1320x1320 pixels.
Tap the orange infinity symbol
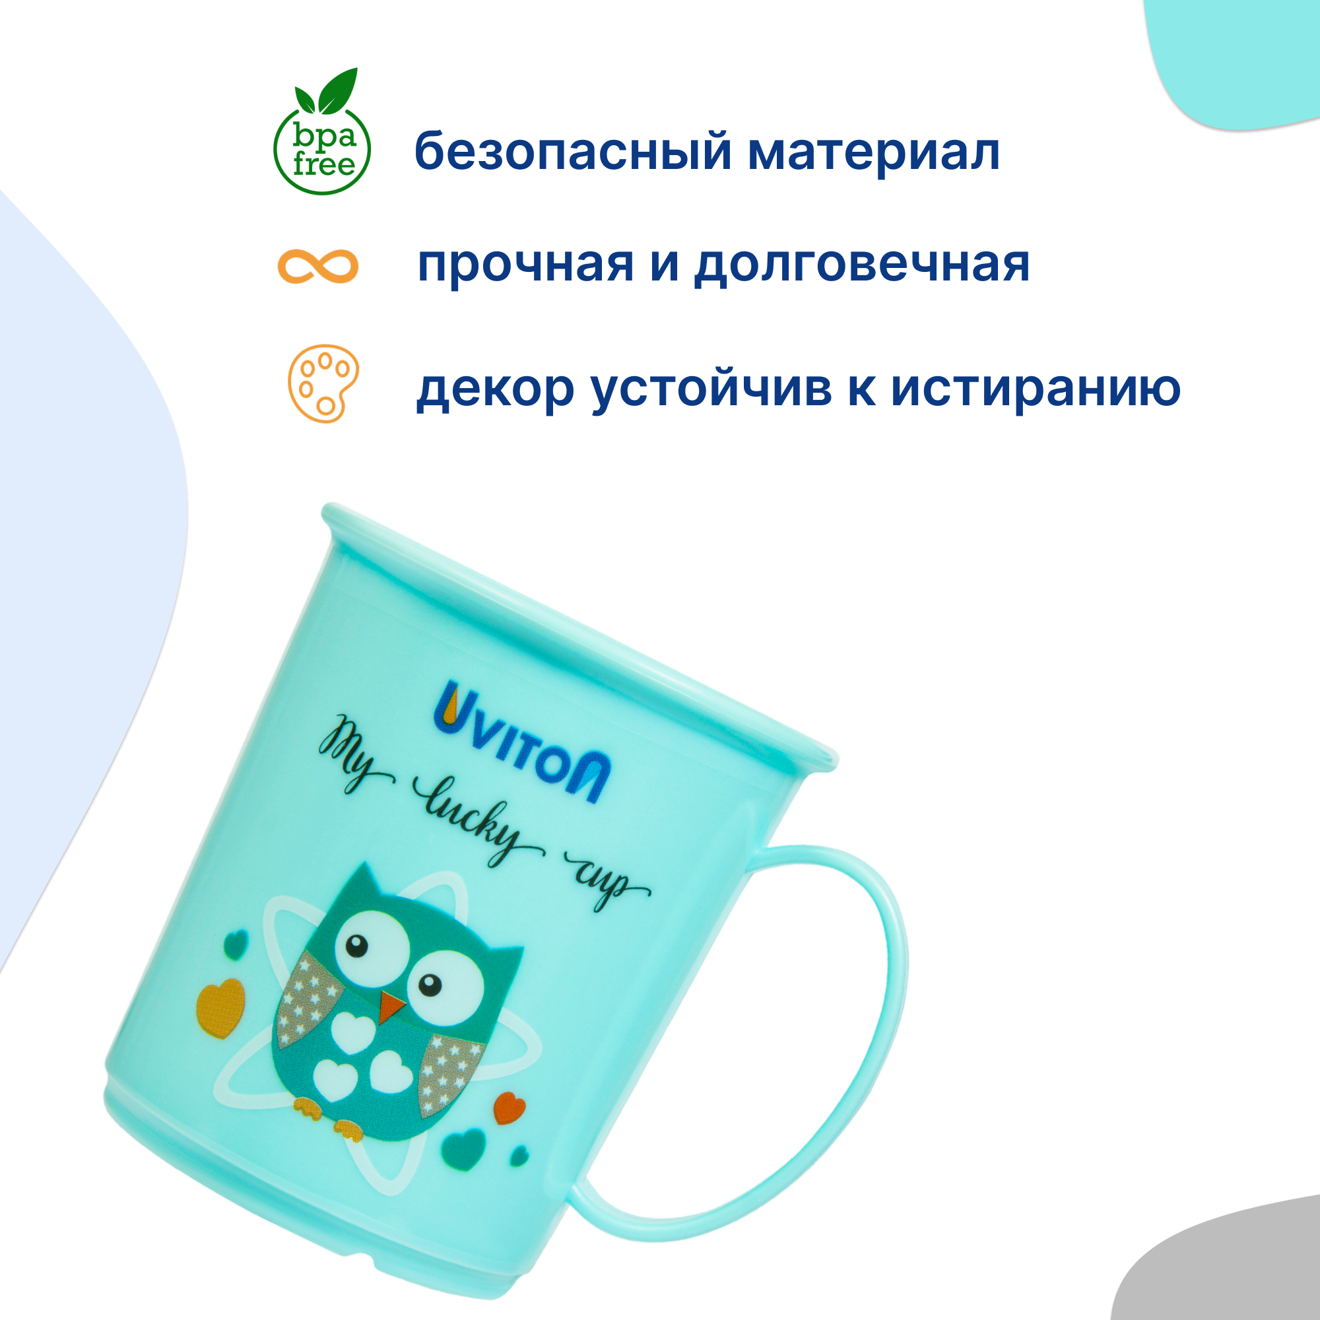pos(317,266)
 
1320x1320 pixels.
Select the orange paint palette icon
pos(323,383)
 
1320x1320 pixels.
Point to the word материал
pos(874,152)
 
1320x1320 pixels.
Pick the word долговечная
pos(861,266)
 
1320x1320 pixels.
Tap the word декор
pos(496,389)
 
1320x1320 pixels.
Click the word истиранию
pos(1036,389)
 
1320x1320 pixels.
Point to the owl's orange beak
pos(391,1006)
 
